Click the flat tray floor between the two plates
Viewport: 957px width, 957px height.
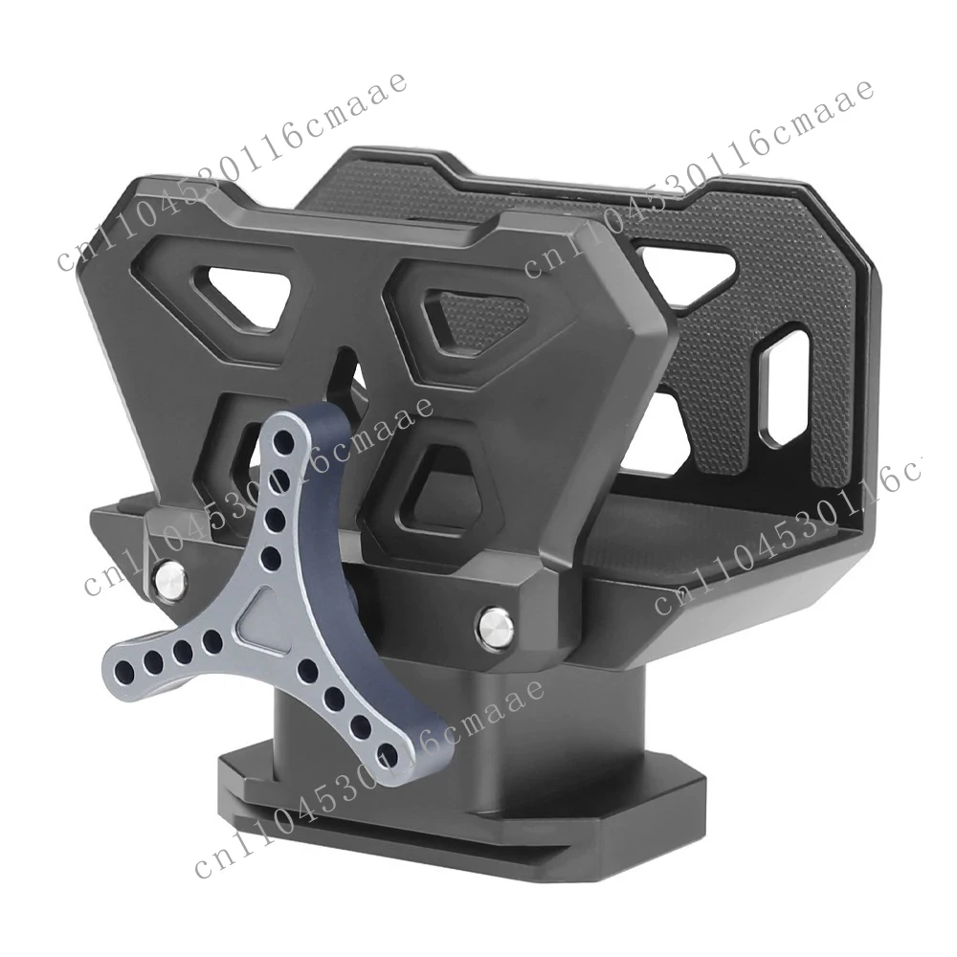[727, 536]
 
